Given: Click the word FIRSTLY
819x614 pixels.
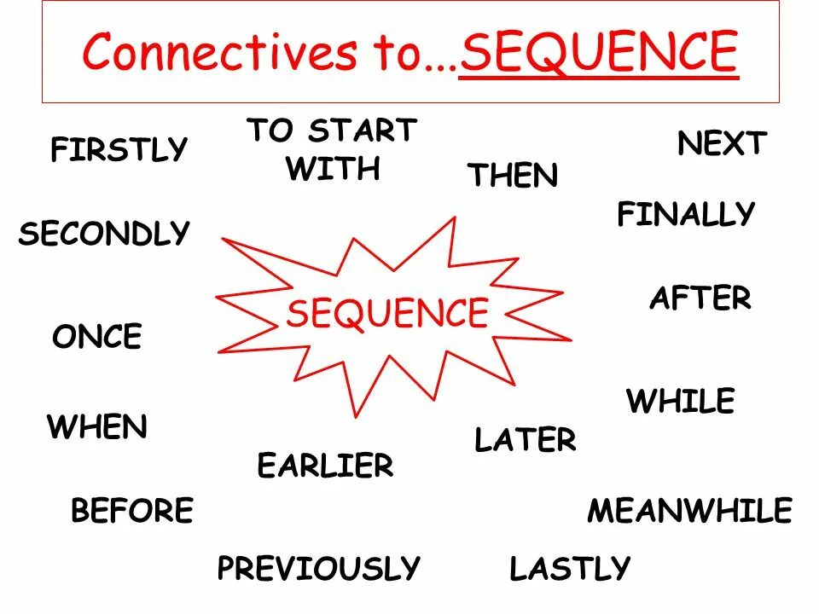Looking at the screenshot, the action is [x=119, y=150].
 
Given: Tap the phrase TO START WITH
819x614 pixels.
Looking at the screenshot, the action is [x=332, y=149].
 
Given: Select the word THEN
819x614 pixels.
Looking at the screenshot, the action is [x=513, y=176].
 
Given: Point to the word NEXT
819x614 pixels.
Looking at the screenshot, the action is [x=723, y=143].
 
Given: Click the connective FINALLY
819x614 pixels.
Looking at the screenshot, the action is [x=686, y=213].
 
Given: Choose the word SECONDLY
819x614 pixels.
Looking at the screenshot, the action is [x=104, y=234].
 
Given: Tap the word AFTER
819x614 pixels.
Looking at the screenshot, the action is [x=700, y=298].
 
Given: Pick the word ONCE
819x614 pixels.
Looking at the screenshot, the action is [x=97, y=338].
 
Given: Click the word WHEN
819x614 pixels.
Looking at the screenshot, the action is [x=97, y=426].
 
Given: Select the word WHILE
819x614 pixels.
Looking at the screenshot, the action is [x=680, y=401].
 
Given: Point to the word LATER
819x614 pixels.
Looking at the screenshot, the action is [x=526, y=440].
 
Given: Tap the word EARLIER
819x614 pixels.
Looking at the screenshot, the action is [x=325, y=466].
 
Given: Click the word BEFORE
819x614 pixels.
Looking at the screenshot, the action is [x=132, y=511].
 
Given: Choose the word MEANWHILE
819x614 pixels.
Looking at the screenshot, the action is [x=689, y=511].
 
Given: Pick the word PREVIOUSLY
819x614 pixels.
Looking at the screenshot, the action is [x=319, y=568].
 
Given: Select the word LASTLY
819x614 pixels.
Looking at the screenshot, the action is [x=570, y=568].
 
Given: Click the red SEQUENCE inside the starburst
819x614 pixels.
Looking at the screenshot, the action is [x=387, y=313].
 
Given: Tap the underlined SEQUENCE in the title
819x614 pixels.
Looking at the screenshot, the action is [x=598, y=53].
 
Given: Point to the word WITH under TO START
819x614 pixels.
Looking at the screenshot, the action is [x=333, y=169].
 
